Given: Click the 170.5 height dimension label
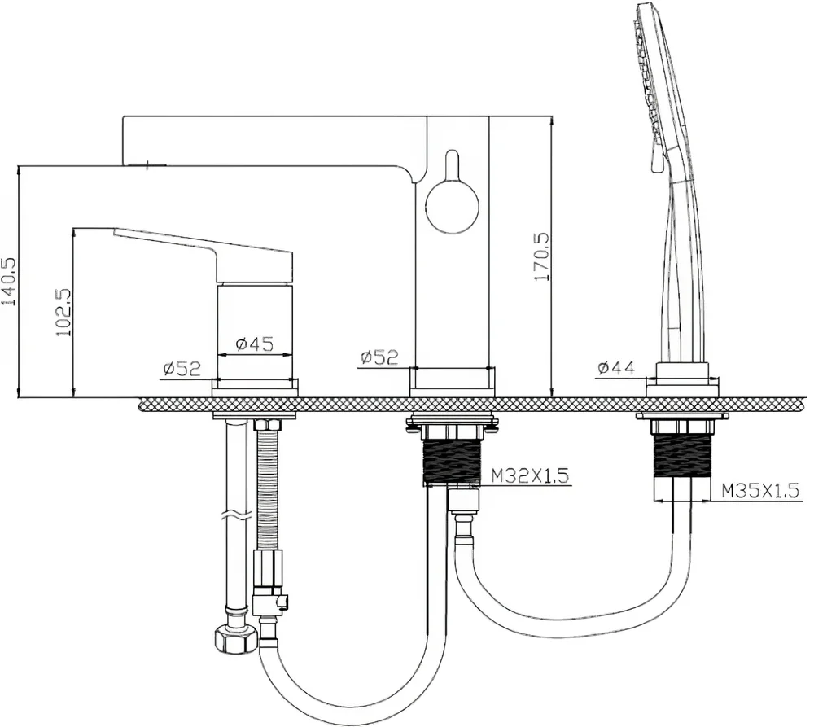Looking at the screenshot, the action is [541, 256].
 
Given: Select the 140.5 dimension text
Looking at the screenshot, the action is [9, 282].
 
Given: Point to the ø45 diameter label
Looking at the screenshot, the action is [254, 344].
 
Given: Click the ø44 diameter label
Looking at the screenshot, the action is [616, 368].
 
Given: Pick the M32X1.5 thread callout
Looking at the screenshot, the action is [530, 475].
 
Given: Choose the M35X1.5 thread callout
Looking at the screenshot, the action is [760, 490].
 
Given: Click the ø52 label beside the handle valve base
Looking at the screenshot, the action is [182, 369].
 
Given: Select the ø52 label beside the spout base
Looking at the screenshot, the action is [379, 357].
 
